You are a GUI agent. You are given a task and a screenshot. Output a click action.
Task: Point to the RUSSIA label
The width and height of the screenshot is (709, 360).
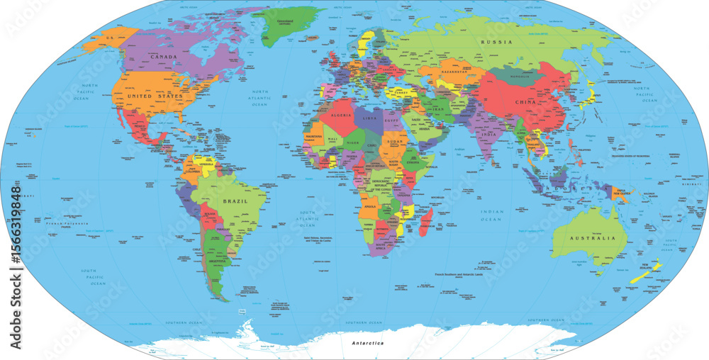pos(496,43)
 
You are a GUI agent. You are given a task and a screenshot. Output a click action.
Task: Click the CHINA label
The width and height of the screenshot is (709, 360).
pos(525,102)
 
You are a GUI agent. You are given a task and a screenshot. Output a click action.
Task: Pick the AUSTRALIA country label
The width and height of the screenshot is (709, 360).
pos(591,238)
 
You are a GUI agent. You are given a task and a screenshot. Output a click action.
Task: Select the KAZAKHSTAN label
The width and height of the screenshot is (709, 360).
pos(454,73)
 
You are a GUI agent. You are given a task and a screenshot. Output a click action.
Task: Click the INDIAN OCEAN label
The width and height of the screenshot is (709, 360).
pos(491,215)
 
